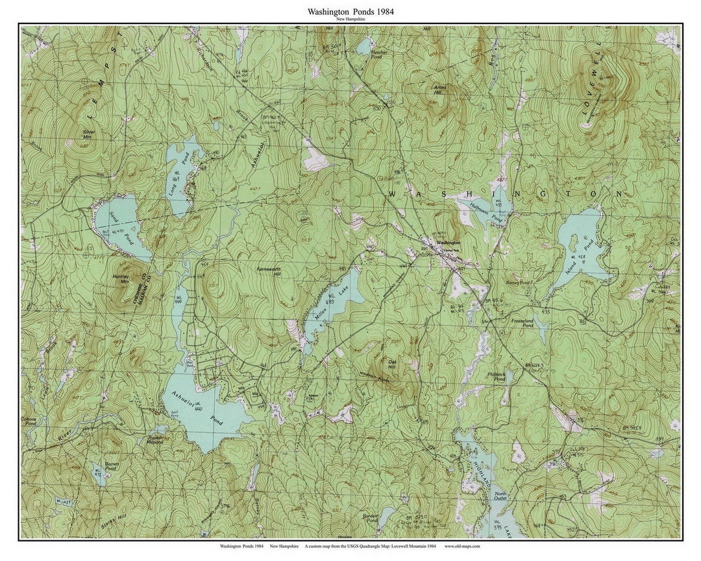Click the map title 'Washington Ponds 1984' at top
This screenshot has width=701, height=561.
pos(350,11)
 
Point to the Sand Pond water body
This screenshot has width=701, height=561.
pos(120,224)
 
